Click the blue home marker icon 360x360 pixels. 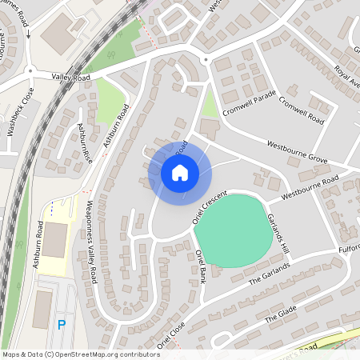[x=180, y=173]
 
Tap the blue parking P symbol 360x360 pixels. [x=62, y=325]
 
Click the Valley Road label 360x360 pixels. [x=69, y=75]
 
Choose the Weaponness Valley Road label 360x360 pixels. [x=92, y=241]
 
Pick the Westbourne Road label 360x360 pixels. [x=309, y=186]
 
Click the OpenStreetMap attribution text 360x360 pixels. [x=81, y=354]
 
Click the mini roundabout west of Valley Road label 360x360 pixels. [x=30, y=71]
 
